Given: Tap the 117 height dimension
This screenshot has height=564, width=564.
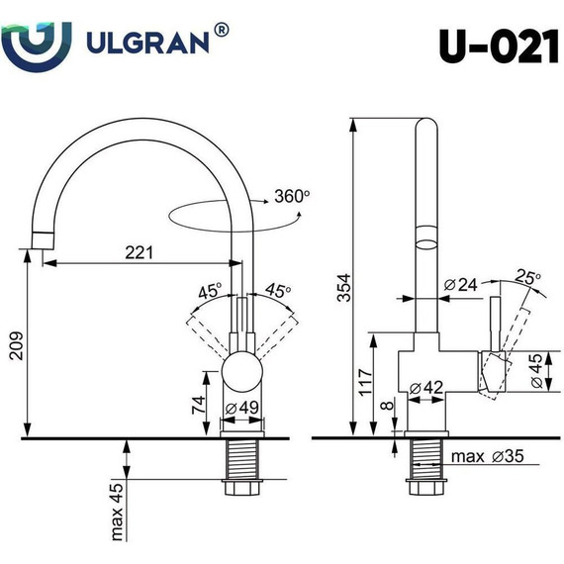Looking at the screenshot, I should click(x=363, y=382).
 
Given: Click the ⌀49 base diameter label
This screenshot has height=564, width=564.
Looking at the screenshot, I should click(x=243, y=408).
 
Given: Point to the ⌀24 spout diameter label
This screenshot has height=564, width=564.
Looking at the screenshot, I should click(x=461, y=285).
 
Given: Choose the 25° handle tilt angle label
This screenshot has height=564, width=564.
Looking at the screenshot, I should click(x=526, y=277).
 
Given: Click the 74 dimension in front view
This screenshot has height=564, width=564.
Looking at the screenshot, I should click(x=197, y=404).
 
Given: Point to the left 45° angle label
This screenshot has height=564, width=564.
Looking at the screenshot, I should click(x=209, y=292).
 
